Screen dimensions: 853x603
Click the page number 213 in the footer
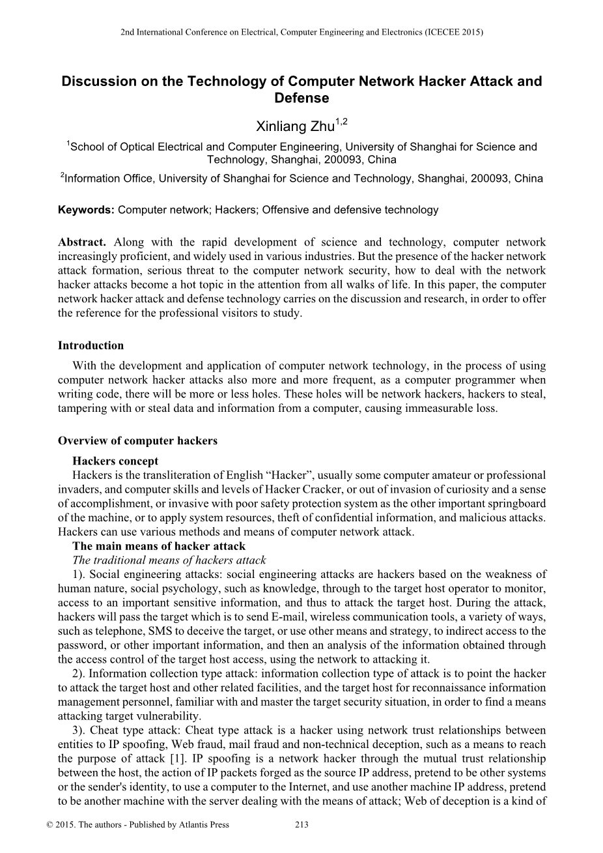(301, 824)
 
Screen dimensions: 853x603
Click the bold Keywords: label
(86, 210)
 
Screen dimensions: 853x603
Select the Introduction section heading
(91, 345)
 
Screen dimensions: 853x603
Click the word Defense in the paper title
(301, 98)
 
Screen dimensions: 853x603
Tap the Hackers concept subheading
(115, 461)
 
